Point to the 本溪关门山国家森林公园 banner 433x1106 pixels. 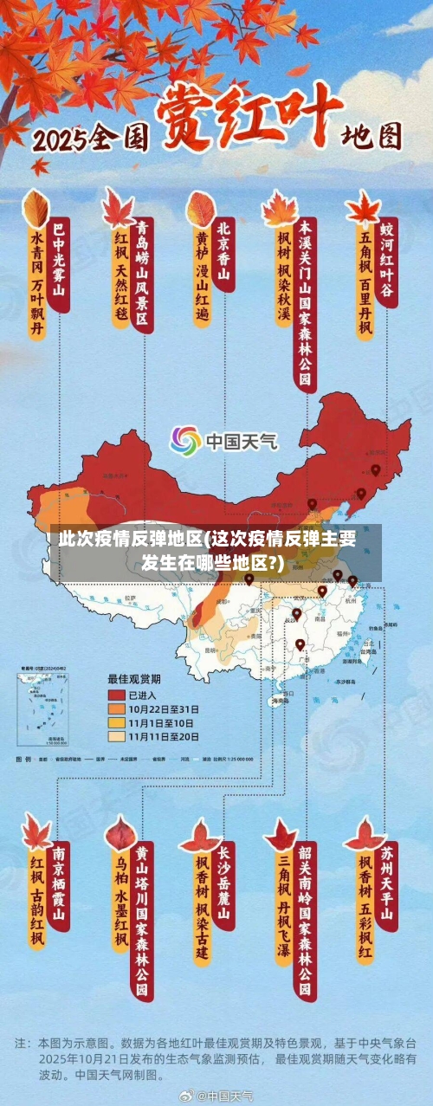305,303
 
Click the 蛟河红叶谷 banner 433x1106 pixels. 386,257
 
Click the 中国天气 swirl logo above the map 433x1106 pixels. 184,441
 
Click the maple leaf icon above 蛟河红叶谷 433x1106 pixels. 363,208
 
